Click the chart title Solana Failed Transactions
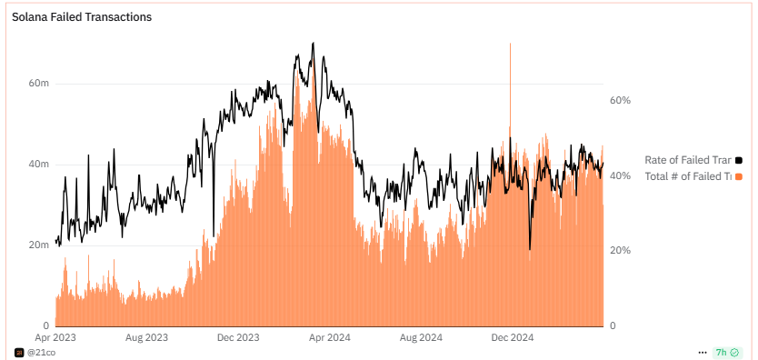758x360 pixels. pos(82,17)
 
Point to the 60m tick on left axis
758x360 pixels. pos(39,83)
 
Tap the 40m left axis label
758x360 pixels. pos(39,165)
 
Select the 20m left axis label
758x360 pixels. pos(39,245)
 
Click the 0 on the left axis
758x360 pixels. pos(45,325)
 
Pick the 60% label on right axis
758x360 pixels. pos(620,100)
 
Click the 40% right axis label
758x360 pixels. pos(620,175)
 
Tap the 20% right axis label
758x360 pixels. pos(620,250)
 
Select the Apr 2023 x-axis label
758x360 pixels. pos(55,337)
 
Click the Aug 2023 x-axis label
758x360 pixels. pos(146,337)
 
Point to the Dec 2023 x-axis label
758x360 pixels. pos(238,337)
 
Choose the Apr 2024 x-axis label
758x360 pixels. pos(330,337)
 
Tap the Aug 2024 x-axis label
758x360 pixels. pos(422,337)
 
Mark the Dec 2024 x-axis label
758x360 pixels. pos(513,337)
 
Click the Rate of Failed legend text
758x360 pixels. pos(687,160)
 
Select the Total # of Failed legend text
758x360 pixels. pos(687,176)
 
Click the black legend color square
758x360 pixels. pos(739,160)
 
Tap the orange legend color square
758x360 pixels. pos(739,176)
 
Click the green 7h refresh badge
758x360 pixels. pos(726,352)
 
